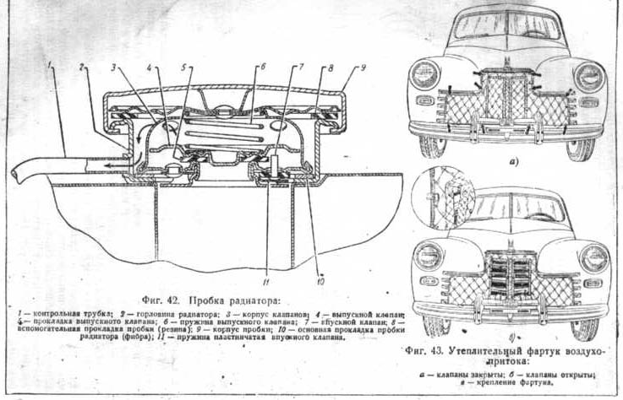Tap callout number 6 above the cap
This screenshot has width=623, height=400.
[x=263, y=66]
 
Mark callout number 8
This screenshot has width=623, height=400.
[x=331, y=67]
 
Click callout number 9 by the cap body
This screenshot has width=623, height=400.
[x=362, y=66]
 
